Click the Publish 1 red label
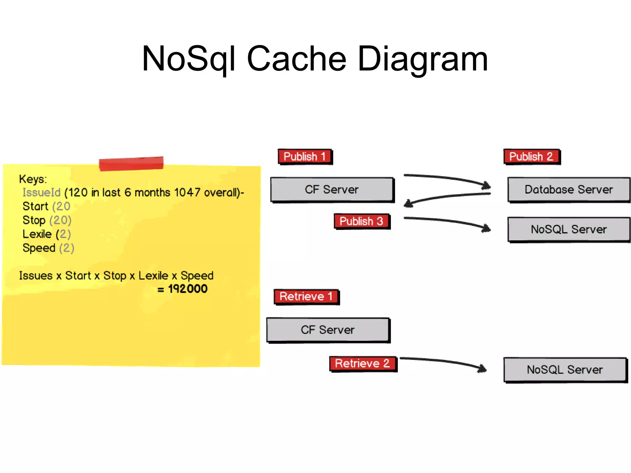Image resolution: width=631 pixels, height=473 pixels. tap(305, 157)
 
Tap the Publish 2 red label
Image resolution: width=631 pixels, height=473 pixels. tap(531, 157)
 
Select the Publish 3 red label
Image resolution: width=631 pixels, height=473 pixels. tap(361, 221)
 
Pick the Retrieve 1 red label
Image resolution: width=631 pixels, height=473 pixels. tap(306, 296)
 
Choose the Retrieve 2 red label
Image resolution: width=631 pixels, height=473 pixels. tap(363, 364)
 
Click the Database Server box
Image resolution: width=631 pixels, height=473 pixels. tap(568, 190)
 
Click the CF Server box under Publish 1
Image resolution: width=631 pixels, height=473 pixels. tap(332, 190)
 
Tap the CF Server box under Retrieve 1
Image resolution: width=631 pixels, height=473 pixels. tap(328, 330)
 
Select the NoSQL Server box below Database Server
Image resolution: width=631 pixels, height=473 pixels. tap(568, 230)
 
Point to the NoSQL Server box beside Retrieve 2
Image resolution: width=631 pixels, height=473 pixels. tap(565, 370)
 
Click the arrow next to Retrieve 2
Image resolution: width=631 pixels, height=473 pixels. tap(444, 362)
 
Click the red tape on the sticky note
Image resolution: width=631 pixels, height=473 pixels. tap(131, 163)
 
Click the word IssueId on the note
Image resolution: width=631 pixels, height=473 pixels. tap(41, 193)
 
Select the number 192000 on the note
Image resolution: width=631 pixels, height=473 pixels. tap(188, 289)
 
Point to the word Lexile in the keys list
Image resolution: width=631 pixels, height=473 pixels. tap(37, 234)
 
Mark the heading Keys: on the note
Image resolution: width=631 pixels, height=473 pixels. tap(33, 179)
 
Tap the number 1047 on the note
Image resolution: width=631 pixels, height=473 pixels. tap(187, 193)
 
